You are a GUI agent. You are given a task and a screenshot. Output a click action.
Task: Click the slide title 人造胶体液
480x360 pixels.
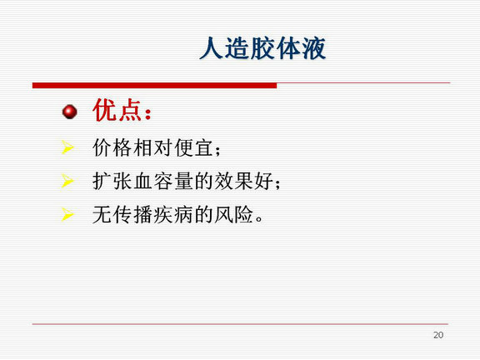262,48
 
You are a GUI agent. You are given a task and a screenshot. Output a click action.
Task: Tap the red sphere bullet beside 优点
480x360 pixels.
69,112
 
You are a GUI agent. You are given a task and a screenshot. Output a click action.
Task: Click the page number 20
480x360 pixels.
438,335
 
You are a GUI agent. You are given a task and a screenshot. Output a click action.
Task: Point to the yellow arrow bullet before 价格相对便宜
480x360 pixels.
67,147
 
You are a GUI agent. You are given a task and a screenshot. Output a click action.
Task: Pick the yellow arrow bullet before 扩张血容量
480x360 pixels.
67,181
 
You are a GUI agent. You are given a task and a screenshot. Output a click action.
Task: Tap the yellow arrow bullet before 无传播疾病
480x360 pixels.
67,214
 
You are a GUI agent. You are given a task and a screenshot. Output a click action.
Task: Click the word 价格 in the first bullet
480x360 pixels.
112,147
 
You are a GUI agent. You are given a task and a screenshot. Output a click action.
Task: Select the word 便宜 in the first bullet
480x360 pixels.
194,147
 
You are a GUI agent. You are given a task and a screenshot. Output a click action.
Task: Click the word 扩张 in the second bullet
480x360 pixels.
112,181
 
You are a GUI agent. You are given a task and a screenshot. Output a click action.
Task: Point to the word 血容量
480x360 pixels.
163,181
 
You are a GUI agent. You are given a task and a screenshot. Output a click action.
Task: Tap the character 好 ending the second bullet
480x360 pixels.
263,181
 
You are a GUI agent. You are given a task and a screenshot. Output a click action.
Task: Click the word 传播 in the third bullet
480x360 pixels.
132,214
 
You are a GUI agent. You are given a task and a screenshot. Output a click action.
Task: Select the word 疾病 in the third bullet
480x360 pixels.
173,214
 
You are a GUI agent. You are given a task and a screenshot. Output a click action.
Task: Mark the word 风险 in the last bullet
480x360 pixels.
233,214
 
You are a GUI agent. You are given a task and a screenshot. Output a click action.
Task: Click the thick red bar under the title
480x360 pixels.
155,85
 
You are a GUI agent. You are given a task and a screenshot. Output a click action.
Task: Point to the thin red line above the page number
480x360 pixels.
240,324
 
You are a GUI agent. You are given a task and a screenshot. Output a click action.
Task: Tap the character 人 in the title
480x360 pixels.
211,48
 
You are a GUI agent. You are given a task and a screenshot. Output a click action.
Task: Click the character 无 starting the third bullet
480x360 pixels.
102,214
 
